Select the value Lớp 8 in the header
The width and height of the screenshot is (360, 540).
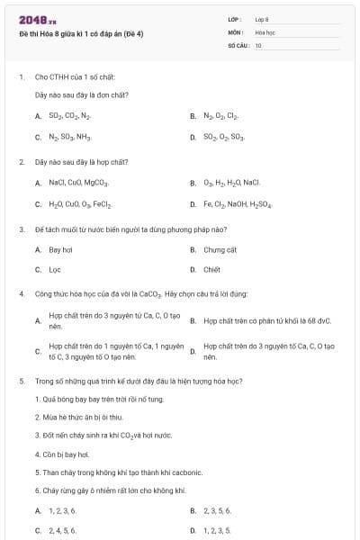pyautogui.click(x=262, y=19)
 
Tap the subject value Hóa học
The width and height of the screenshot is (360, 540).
pyautogui.click(x=265, y=31)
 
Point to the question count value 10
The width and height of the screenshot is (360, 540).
pyautogui.click(x=258, y=44)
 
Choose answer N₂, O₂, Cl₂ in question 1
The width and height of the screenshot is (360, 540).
pyautogui.click(x=220, y=116)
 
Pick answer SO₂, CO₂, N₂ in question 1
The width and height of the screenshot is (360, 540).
pyautogui.click(x=69, y=116)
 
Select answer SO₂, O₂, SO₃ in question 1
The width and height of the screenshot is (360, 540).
pyautogui.click(x=223, y=138)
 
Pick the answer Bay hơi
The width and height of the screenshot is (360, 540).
pyautogui.click(x=60, y=249)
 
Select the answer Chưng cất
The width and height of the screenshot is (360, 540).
pyautogui.click(x=220, y=249)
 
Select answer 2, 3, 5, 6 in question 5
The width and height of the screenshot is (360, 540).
pyautogui.click(x=217, y=510)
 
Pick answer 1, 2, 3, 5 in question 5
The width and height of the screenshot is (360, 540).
pyautogui.click(x=217, y=530)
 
